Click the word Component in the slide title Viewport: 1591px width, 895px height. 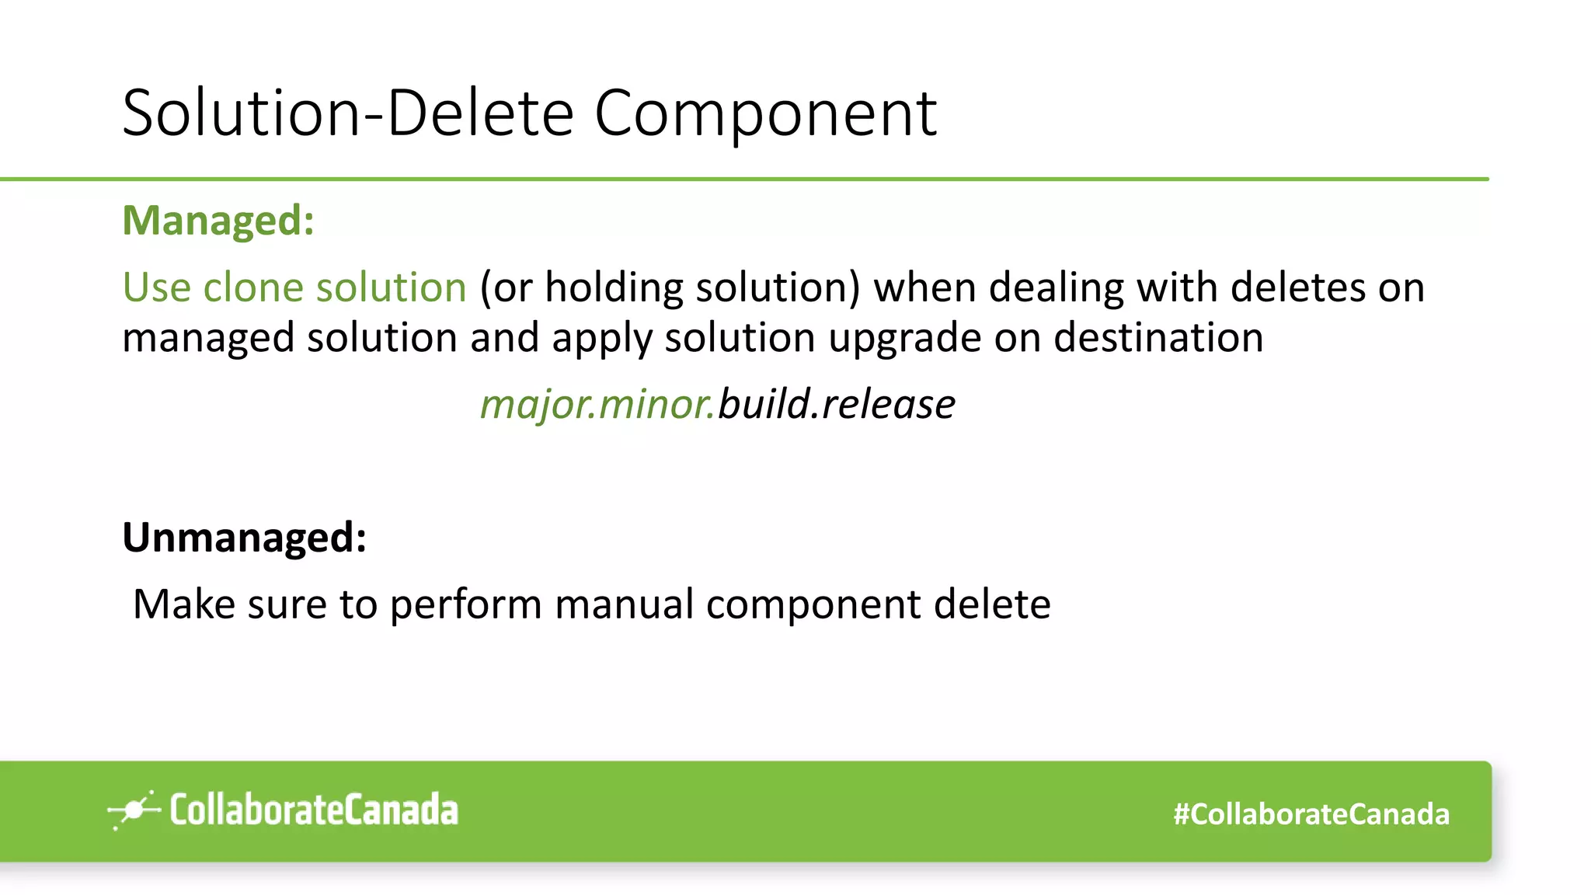(x=765, y=113)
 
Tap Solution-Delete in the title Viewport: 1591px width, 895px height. (x=348, y=113)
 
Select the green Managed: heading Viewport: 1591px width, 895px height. (x=218, y=220)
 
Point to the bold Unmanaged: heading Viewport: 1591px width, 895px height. (x=244, y=537)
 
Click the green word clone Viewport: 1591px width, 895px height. (x=252, y=287)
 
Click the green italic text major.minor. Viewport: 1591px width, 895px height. (x=597, y=405)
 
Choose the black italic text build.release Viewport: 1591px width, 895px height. (x=836, y=405)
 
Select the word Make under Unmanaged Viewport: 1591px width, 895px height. (x=184, y=604)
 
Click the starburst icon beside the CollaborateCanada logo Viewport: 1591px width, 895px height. (x=134, y=810)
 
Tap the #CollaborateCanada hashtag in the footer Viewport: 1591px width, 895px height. (x=1311, y=814)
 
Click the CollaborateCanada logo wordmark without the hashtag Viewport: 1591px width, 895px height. (x=314, y=810)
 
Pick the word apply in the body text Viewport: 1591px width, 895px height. (x=601, y=339)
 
